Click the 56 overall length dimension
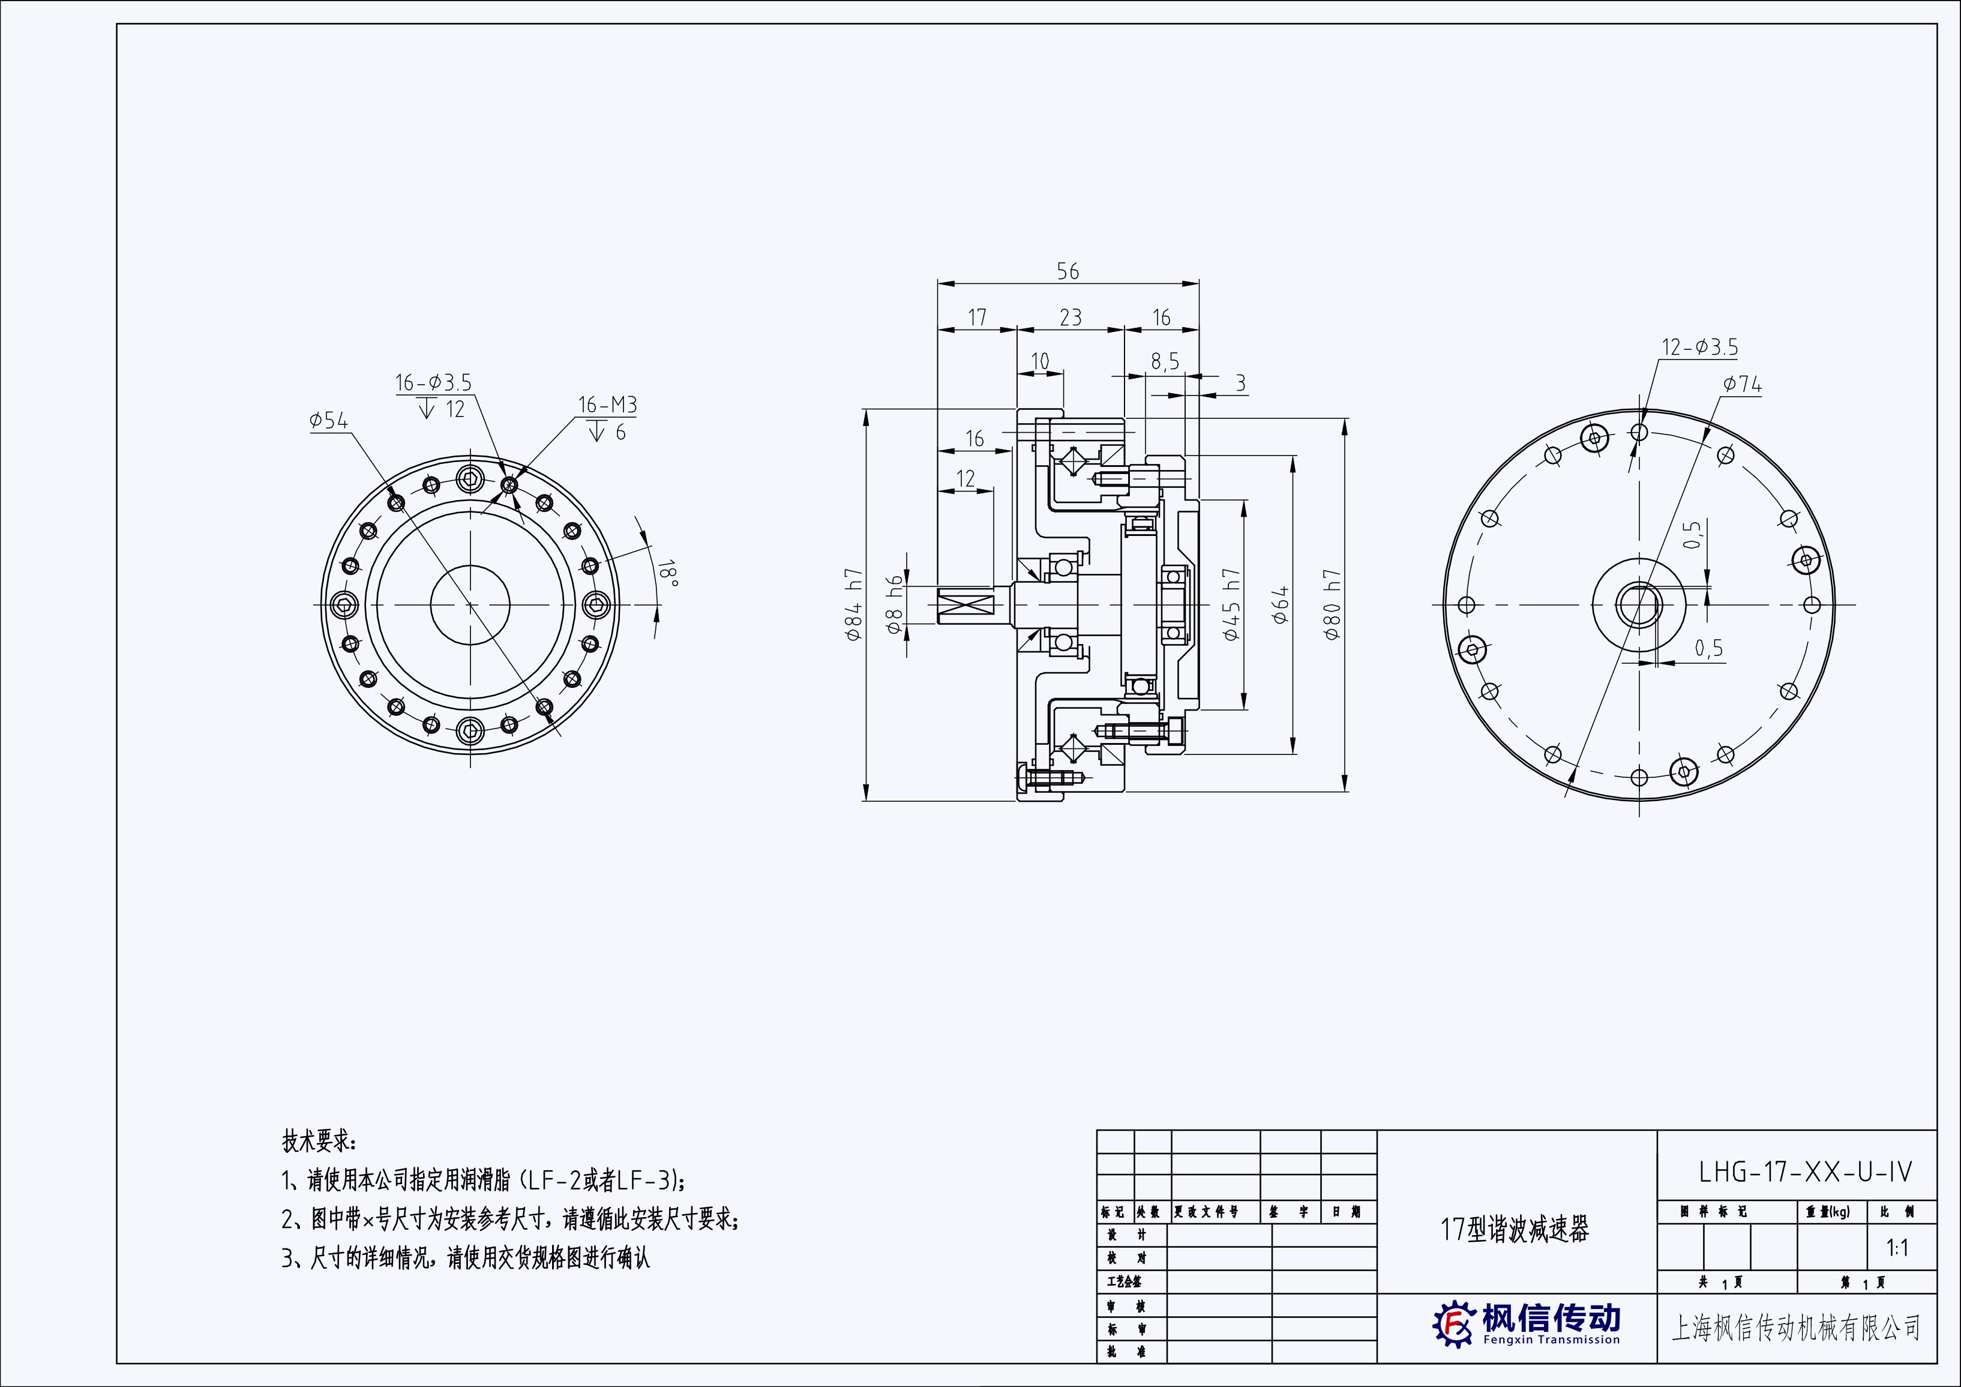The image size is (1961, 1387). [1068, 272]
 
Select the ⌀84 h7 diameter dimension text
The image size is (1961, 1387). [854, 605]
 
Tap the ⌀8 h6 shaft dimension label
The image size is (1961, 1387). [894, 605]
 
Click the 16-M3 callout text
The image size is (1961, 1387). [607, 405]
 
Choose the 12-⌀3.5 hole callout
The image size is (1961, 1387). [1699, 348]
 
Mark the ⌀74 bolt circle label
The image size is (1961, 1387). [1743, 385]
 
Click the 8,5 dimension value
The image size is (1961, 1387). [1164, 362]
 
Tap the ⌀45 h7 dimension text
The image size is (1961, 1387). [1231, 605]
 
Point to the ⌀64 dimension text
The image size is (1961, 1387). [1281, 605]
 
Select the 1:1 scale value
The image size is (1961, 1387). [1897, 1248]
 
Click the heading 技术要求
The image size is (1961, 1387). [319, 1141]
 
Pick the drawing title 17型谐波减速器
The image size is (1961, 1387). [1515, 1230]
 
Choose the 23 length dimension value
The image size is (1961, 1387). [1070, 317]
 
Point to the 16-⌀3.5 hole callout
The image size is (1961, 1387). [433, 383]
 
